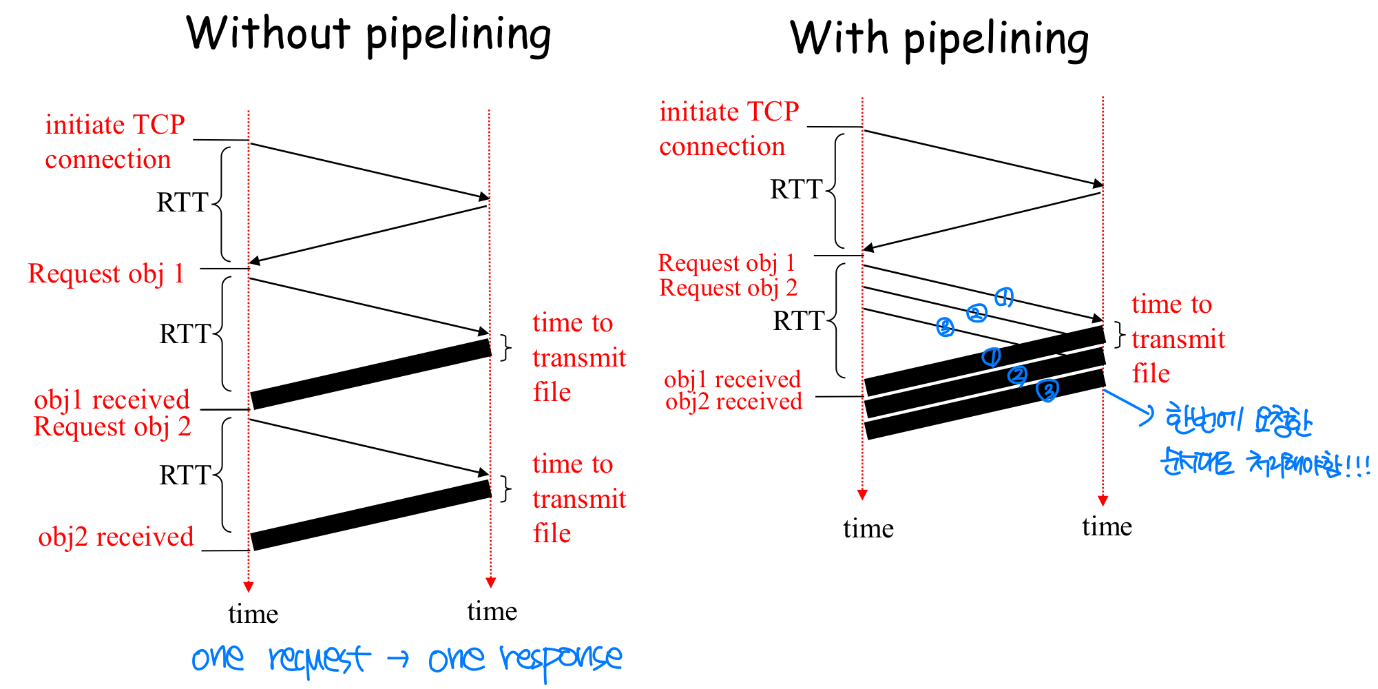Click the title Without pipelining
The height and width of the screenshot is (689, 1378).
[368, 34]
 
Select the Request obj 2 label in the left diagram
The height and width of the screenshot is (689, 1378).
[112, 427]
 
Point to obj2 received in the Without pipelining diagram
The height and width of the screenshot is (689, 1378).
[116, 537]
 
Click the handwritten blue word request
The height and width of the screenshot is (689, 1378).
[318, 659]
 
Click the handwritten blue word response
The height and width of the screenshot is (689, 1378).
[561, 660]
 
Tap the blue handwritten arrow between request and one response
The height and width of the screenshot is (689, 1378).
[398, 659]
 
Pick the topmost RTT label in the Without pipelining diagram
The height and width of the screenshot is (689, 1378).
[182, 203]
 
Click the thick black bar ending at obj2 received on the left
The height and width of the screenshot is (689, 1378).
[370, 515]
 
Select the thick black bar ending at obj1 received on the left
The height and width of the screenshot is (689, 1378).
[370, 374]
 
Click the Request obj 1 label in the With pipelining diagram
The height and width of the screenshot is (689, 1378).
[727, 263]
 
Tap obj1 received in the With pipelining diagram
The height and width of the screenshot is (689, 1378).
[732, 380]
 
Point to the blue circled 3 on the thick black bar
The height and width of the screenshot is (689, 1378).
[1047, 391]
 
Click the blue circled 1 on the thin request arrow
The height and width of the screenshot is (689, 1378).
[1004, 297]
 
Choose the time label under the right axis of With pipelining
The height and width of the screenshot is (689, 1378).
[1107, 527]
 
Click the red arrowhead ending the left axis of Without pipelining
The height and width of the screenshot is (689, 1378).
[249, 587]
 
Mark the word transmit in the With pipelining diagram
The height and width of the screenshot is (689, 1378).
[1178, 340]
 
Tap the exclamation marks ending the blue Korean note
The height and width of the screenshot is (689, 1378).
[1357, 465]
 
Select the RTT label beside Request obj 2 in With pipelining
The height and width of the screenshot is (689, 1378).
[798, 321]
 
